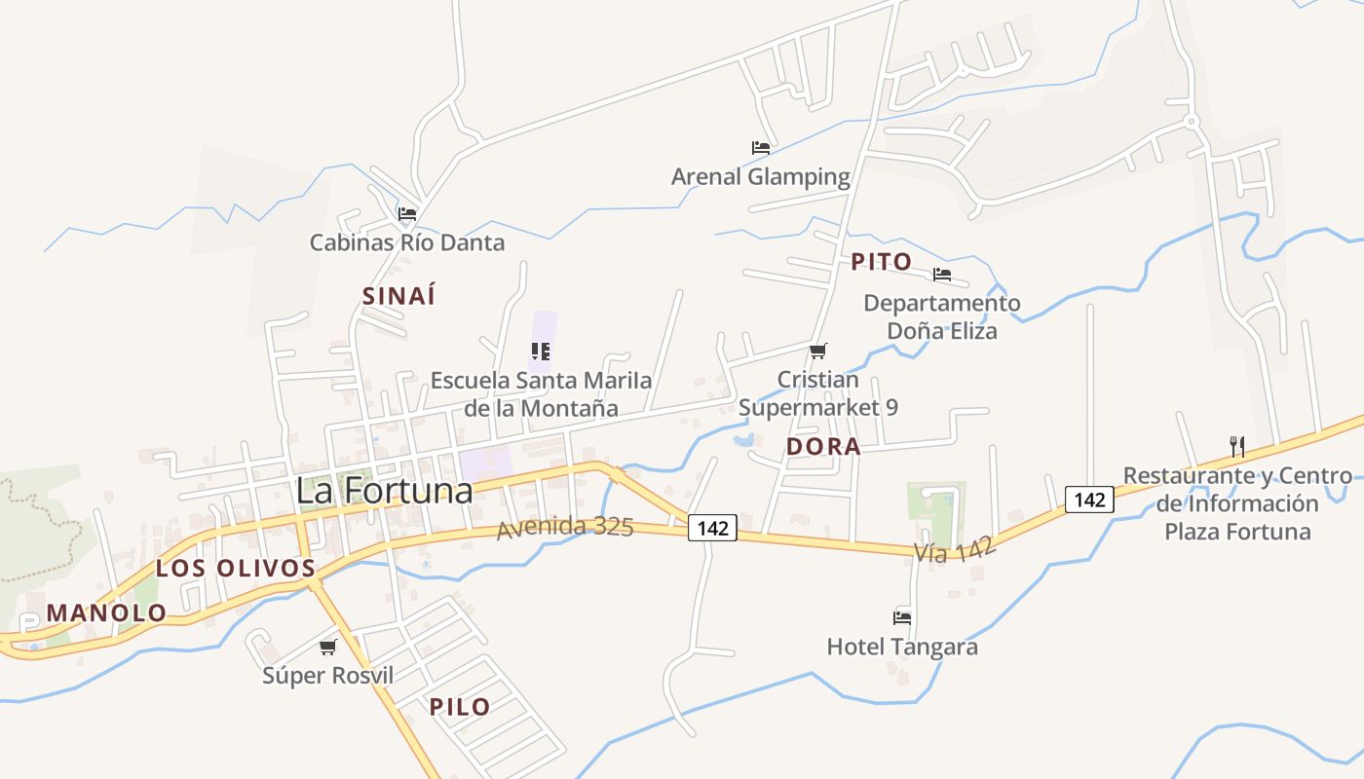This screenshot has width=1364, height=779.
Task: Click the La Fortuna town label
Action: (x=384, y=491)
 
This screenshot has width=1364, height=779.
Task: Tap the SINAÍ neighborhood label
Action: (x=398, y=297)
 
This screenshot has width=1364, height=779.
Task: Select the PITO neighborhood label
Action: (x=881, y=262)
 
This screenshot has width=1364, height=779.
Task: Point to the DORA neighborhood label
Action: (x=823, y=447)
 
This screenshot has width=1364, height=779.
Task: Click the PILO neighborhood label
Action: (x=460, y=707)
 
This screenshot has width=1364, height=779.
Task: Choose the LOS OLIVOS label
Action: (x=236, y=569)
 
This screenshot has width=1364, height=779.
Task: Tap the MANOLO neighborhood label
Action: (x=107, y=613)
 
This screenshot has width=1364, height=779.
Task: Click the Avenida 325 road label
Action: (x=565, y=528)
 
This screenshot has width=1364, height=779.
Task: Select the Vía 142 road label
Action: (x=955, y=550)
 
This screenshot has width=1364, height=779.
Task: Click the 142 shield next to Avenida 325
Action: (x=713, y=528)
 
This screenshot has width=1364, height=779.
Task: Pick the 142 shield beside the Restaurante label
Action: (x=1089, y=500)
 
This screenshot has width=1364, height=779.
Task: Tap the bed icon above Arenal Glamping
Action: (x=761, y=148)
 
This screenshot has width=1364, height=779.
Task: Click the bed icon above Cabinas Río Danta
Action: (x=407, y=214)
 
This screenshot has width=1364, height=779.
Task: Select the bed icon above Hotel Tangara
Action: (x=902, y=617)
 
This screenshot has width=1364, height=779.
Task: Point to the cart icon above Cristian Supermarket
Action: (x=818, y=351)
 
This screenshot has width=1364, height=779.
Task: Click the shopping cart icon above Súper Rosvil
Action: (x=328, y=647)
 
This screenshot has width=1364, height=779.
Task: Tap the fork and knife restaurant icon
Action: (x=1237, y=447)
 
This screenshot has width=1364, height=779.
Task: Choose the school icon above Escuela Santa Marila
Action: (x=541, y=352)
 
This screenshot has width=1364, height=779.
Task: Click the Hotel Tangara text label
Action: (x=902, y=647)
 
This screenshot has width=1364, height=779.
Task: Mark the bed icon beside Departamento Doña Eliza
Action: (x=941, y=275)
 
